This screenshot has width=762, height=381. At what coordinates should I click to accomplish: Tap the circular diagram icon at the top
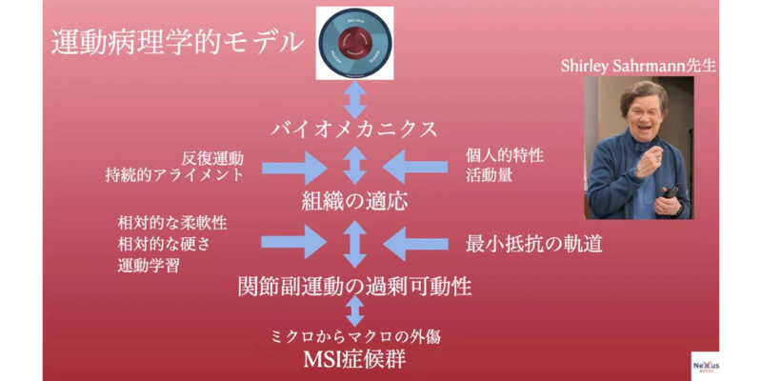coord(354,42)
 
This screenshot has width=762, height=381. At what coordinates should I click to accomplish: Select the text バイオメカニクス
coord(354,129)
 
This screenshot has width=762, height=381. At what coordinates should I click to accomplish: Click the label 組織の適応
coord(353,201)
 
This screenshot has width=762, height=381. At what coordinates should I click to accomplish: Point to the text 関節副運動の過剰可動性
coord(354,286)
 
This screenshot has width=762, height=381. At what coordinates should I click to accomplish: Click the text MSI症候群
coord(353,360)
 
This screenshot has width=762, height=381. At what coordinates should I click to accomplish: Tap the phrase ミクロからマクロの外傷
coord(354,336)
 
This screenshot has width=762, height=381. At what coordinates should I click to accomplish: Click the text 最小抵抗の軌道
coord(533,244)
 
